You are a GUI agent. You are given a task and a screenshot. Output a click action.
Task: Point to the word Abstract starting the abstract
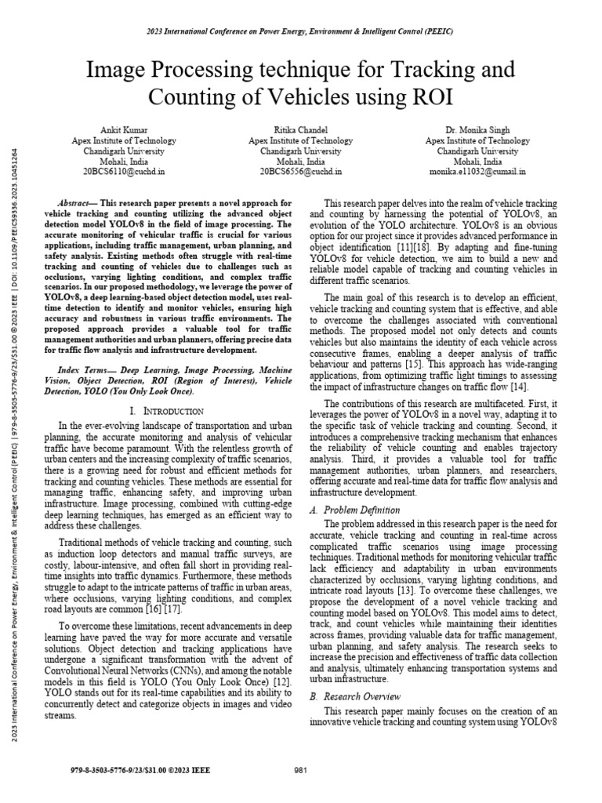pos(76,202)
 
